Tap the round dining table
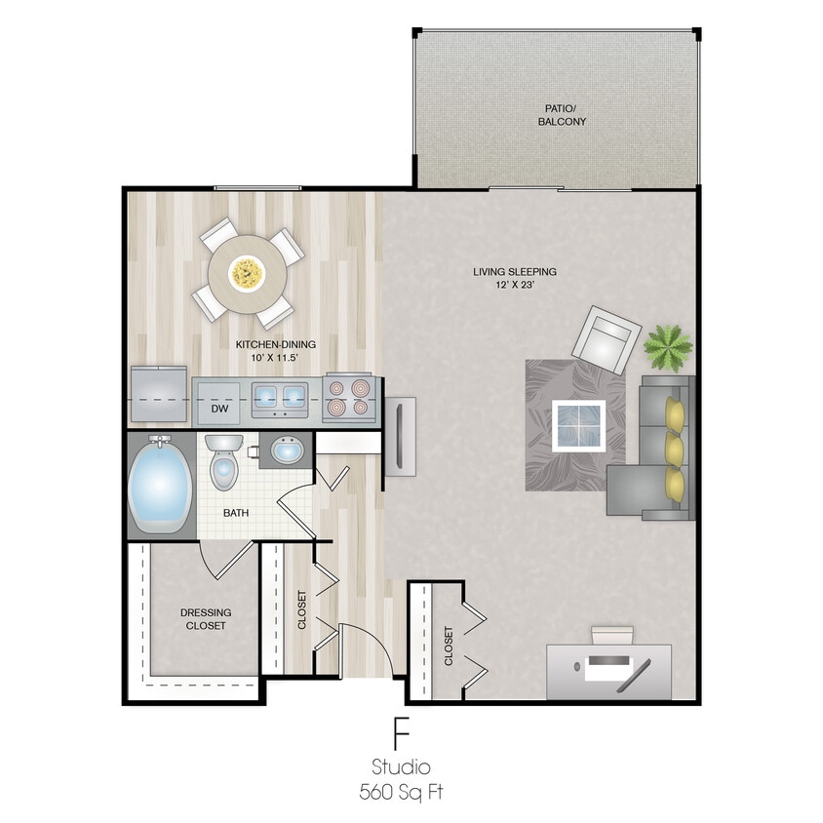tap(248, 273)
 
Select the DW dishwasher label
tap(219, 410)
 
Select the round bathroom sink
tap(286, 451)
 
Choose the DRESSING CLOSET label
tap(206, 619)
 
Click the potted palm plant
tap(668, 345)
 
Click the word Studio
tap(401, 767)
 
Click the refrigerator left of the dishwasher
tap(159, 395)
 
